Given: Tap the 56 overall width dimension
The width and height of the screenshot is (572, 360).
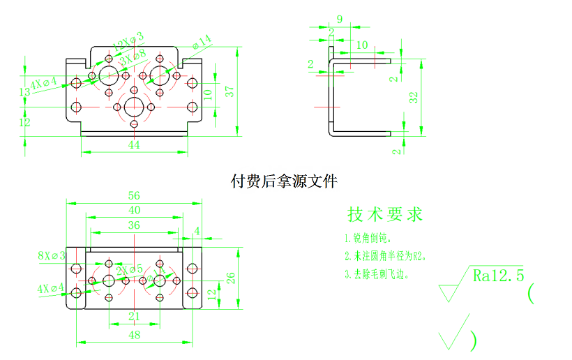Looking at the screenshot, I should (135, 195).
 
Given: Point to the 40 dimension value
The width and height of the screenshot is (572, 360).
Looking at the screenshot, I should (135, 209).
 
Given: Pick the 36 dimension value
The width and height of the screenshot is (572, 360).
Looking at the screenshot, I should (135, 225).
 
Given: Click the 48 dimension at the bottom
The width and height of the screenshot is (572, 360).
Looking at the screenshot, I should (135, 335).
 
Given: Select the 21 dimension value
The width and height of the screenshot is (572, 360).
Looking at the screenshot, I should (135, 316).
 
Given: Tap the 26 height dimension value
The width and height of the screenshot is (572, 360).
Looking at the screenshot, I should (229, 277).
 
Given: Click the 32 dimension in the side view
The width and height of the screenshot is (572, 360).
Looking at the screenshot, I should (414, 97).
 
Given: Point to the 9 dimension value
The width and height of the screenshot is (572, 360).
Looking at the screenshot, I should (340, 20).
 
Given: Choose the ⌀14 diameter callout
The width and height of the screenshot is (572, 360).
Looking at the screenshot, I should (201, 43).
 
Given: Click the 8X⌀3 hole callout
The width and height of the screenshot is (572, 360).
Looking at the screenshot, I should (52, 255).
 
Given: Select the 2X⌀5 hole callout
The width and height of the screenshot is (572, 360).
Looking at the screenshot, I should (130, 270).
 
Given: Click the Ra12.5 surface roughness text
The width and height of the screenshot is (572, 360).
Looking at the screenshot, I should (498, 276).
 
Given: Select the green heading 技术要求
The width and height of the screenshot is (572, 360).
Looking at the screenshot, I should (385, 214).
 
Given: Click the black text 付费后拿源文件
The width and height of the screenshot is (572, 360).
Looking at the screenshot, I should (284, 181).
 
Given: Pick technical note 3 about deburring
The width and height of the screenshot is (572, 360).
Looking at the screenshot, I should (376, 274).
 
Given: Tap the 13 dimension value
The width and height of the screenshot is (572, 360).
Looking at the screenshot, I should (24, 92).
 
